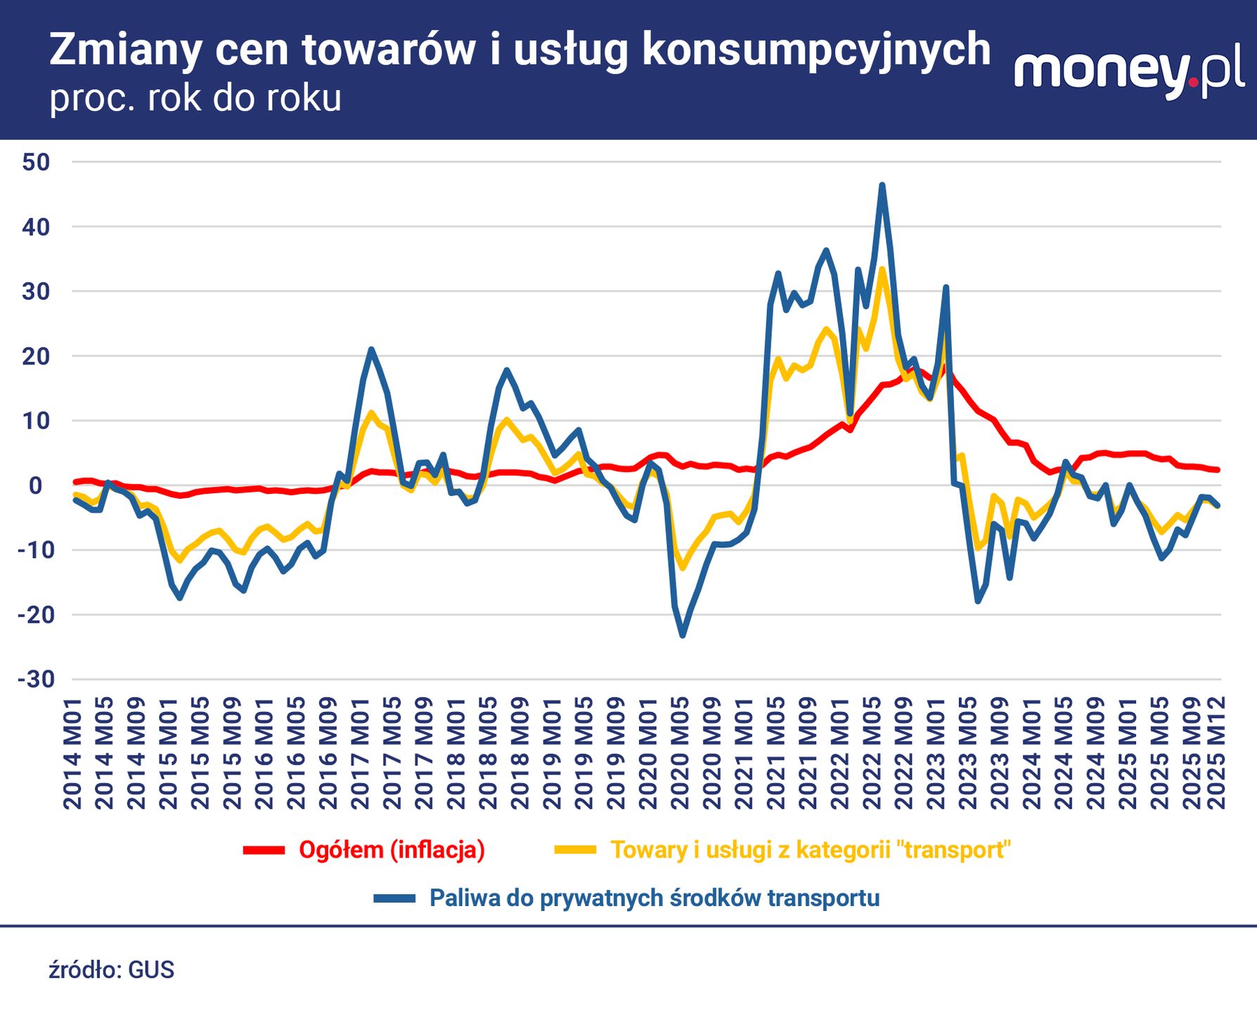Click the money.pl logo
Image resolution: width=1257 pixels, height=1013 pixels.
(x=1129, y=73)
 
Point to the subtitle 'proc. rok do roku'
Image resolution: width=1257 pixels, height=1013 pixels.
(x=195, y=98)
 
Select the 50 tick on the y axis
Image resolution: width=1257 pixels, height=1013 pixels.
(x=36, y=162)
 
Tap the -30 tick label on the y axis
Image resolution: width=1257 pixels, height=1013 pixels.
(x=36, y=680)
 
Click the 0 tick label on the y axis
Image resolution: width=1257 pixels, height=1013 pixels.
(x=36, y=485)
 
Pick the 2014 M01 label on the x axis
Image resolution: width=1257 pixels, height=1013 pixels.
(x=72, y=753)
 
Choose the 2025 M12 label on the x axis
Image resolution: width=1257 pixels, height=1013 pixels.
(x=1217, y=753)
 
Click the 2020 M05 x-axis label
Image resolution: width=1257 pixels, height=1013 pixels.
(x=680, y=753)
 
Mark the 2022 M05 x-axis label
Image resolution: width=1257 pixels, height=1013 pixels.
(x=872, y=753)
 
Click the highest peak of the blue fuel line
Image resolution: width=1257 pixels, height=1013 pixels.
(x=882, y=185)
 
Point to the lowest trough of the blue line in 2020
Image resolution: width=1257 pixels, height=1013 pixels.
(x=682, y=636)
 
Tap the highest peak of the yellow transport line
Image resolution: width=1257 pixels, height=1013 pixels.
(x=882, y=269)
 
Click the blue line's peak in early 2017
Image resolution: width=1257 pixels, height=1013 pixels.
(x=371, y=349)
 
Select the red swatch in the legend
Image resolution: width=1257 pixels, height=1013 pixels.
(x=264, y=850)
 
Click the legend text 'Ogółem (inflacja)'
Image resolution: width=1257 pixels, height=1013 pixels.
(x=392, y=850)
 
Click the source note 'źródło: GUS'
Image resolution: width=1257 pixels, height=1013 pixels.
(x=111, y=970)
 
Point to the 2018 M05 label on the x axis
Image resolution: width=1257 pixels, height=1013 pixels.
(x=488, y=753)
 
